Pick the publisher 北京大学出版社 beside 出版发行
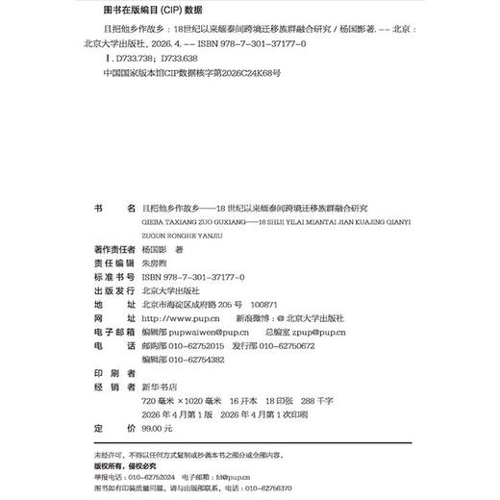[170, 288]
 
